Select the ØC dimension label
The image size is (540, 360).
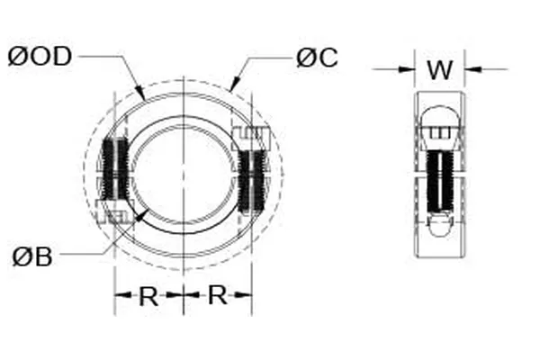(x=316, y=58)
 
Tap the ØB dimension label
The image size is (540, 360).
(x=32, y=256)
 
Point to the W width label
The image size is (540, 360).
(x=438, y=69)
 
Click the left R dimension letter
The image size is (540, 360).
(x=148, y=296)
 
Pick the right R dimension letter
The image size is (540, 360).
(x=217, y=296)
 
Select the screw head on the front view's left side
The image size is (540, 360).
(x=113, y=216)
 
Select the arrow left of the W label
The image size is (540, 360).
(x=409, y=68)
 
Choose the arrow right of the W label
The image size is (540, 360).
(x=469, y=68)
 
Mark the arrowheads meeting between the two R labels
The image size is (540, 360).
(x=183, y=295)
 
